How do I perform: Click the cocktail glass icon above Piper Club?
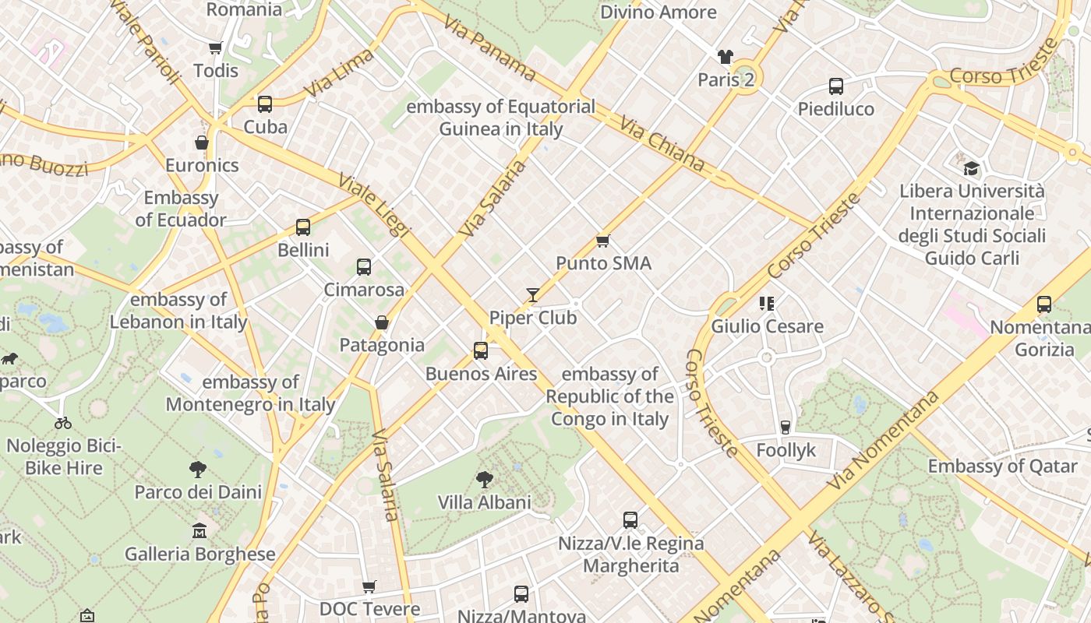click(533, 295)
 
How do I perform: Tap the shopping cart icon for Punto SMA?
click(602, 241)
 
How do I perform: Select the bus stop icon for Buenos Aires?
click(481, 351)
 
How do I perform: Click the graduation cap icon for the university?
click(971, 168)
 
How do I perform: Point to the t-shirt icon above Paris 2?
click(726, 57)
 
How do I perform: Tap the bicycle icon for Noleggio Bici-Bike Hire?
click(63, 423)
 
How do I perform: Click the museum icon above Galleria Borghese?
click(199, 531)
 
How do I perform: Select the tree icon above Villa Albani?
click(485, 479)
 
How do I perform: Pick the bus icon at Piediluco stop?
click(836, 86)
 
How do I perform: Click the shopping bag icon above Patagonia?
click(382, 322)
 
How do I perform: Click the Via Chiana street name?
click(662, 144)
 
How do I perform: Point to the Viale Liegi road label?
click(373, 205)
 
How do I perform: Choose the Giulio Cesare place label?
click(767, 326)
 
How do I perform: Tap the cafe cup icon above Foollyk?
click(786, 428)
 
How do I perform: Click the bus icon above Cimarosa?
click(364, 267)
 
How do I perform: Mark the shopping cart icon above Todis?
click(216, 48)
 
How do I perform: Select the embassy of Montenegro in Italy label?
click(250, 393)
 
